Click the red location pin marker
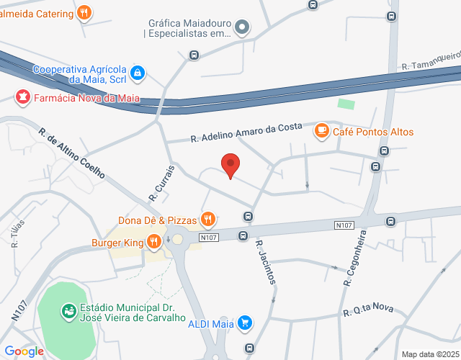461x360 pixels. (x=230, y=166)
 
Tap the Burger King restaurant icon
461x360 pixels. (x=153, y=243)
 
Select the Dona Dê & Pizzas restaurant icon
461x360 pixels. (x=208, y=218)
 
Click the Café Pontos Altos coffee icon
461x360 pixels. (x=321, y=131)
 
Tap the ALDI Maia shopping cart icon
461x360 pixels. (x=246, y=323)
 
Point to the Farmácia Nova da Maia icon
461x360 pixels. (x=22, y=96)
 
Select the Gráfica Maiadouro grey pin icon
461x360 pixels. (x=243, y=28)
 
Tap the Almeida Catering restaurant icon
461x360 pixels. (x=84, y=13)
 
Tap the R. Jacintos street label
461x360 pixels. (x=265, y=261)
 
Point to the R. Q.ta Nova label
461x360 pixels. (x=369, y=310)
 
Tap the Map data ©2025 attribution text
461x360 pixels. (x=429, y=354)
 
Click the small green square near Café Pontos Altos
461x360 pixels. (x=346, y=104)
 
